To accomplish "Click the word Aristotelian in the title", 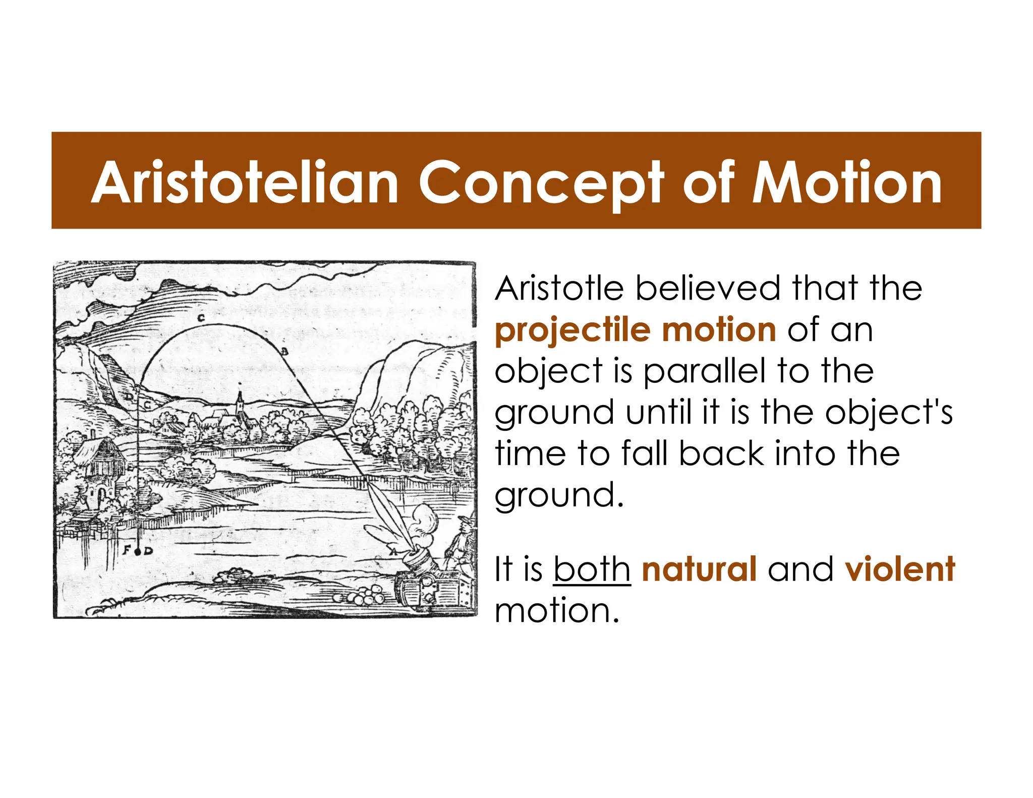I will [245, 183].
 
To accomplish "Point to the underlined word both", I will [592, 569].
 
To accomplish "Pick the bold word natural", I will [699, 569].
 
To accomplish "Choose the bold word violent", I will [899, 569].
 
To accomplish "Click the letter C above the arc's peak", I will [201, 318].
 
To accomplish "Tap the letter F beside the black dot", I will [127, 550].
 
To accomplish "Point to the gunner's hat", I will [464, 521].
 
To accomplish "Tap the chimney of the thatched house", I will [93, 434].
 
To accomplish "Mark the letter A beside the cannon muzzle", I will [393, 553].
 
